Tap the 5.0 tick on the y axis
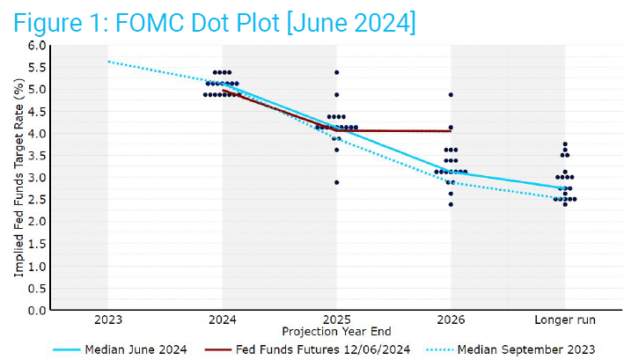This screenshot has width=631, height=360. (x=36, y=89)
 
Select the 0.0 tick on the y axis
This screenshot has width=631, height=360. (x=36, y=310)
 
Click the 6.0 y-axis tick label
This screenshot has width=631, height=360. (x=36, y=45)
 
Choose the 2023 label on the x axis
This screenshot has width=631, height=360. (x=107, y=320)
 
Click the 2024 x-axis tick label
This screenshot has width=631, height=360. (x=222, y=320)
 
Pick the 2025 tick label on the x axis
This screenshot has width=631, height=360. (x=336, y=320)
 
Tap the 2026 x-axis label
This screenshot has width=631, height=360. (x=451, y=320)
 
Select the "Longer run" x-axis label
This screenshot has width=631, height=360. (x=565, y=320)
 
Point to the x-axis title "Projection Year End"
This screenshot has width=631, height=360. (x=335, y=332)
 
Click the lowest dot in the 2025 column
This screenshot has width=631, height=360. (x=336, y=182)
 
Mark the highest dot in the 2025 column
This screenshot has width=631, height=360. (x=336, y=72)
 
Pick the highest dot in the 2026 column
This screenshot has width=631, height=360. (x=451, y=94)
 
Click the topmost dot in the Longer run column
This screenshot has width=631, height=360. (x=565, y=144)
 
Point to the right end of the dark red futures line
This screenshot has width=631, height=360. (x=451, y=130)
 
